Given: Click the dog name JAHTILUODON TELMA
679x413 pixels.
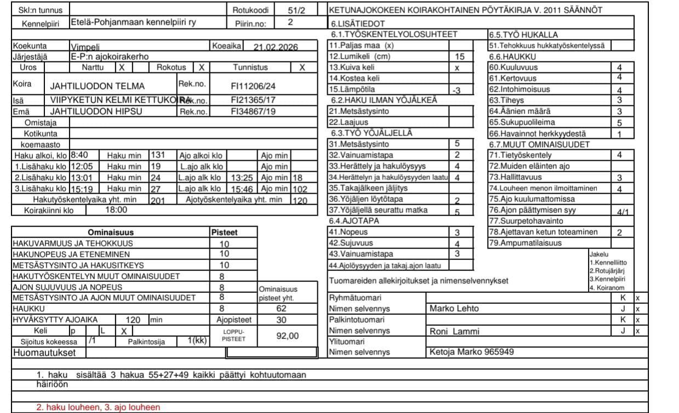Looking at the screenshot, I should point(97,86).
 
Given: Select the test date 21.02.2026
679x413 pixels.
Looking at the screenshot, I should point(275,47).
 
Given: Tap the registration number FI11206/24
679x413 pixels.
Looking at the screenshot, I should point(253,86).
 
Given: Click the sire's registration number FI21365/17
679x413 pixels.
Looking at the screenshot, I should point(253,100).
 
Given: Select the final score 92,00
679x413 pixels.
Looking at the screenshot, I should point(287,336).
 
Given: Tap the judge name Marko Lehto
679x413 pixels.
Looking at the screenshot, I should point(453,308).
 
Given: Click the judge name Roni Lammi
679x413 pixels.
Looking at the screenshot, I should point(454,331).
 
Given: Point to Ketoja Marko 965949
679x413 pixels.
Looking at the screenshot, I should point(472,352).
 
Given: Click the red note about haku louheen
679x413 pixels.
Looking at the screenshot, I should point(98,407).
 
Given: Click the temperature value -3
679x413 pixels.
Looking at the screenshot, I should point(456,90).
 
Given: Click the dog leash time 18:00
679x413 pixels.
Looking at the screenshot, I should point(116,210).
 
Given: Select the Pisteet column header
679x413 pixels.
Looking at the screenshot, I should point(224,233).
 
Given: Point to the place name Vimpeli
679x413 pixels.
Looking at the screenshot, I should point(85,47).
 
